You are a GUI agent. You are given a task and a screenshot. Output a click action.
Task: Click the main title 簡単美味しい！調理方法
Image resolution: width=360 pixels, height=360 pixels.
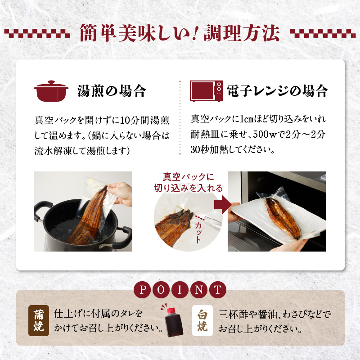coord(180,32)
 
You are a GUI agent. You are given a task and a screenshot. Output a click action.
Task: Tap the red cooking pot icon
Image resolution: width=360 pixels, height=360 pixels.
coord(52,91)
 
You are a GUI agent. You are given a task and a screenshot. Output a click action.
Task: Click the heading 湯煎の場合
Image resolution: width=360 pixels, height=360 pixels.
coord(112,91)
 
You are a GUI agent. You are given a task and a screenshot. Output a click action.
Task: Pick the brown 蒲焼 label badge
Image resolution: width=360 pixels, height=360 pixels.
coord(39,321)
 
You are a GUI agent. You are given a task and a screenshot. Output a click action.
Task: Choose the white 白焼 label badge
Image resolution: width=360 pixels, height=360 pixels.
coord(202,321)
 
